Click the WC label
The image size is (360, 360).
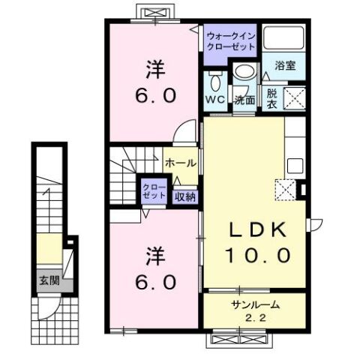[x=215, y=100]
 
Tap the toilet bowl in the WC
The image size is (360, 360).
[x=215, y=82]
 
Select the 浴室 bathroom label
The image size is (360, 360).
[x=285, y=65]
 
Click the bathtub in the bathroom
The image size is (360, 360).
[x=283, y=37]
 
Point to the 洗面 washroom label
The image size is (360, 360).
[x=244, y=100]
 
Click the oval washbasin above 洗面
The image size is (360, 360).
[x=244, y=71]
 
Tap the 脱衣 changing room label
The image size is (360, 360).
[x=271, y=99]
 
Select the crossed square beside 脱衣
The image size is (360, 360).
[x=294, y=98]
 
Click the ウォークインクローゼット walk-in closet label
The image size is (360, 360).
[x=231, y=41]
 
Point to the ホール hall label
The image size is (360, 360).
[x=181, y=163]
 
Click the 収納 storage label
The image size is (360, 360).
[x=185, y=197]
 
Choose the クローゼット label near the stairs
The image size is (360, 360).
[x=154, y=191]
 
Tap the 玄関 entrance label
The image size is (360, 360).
[x=49, y=280]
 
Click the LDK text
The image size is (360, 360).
[x=258, y=229]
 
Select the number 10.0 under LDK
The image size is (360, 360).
[x=258, y=255]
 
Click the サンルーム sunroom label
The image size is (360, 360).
[x=255, y=304]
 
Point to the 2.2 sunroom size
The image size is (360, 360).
[x=255, y=318]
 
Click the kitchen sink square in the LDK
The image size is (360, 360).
[x=295, y=166]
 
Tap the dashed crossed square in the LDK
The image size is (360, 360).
[x=286, y=190]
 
